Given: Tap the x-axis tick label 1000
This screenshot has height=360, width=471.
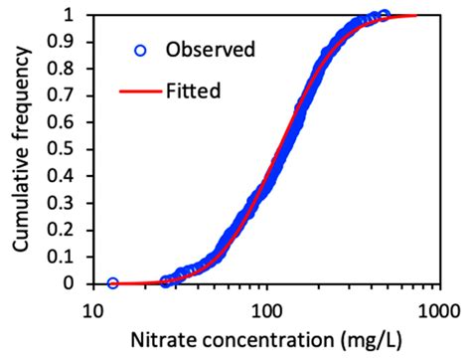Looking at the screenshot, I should [435, 306].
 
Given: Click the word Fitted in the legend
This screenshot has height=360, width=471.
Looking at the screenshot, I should [193, 90].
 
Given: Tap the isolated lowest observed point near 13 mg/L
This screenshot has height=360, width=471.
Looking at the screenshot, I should [113, 283].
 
